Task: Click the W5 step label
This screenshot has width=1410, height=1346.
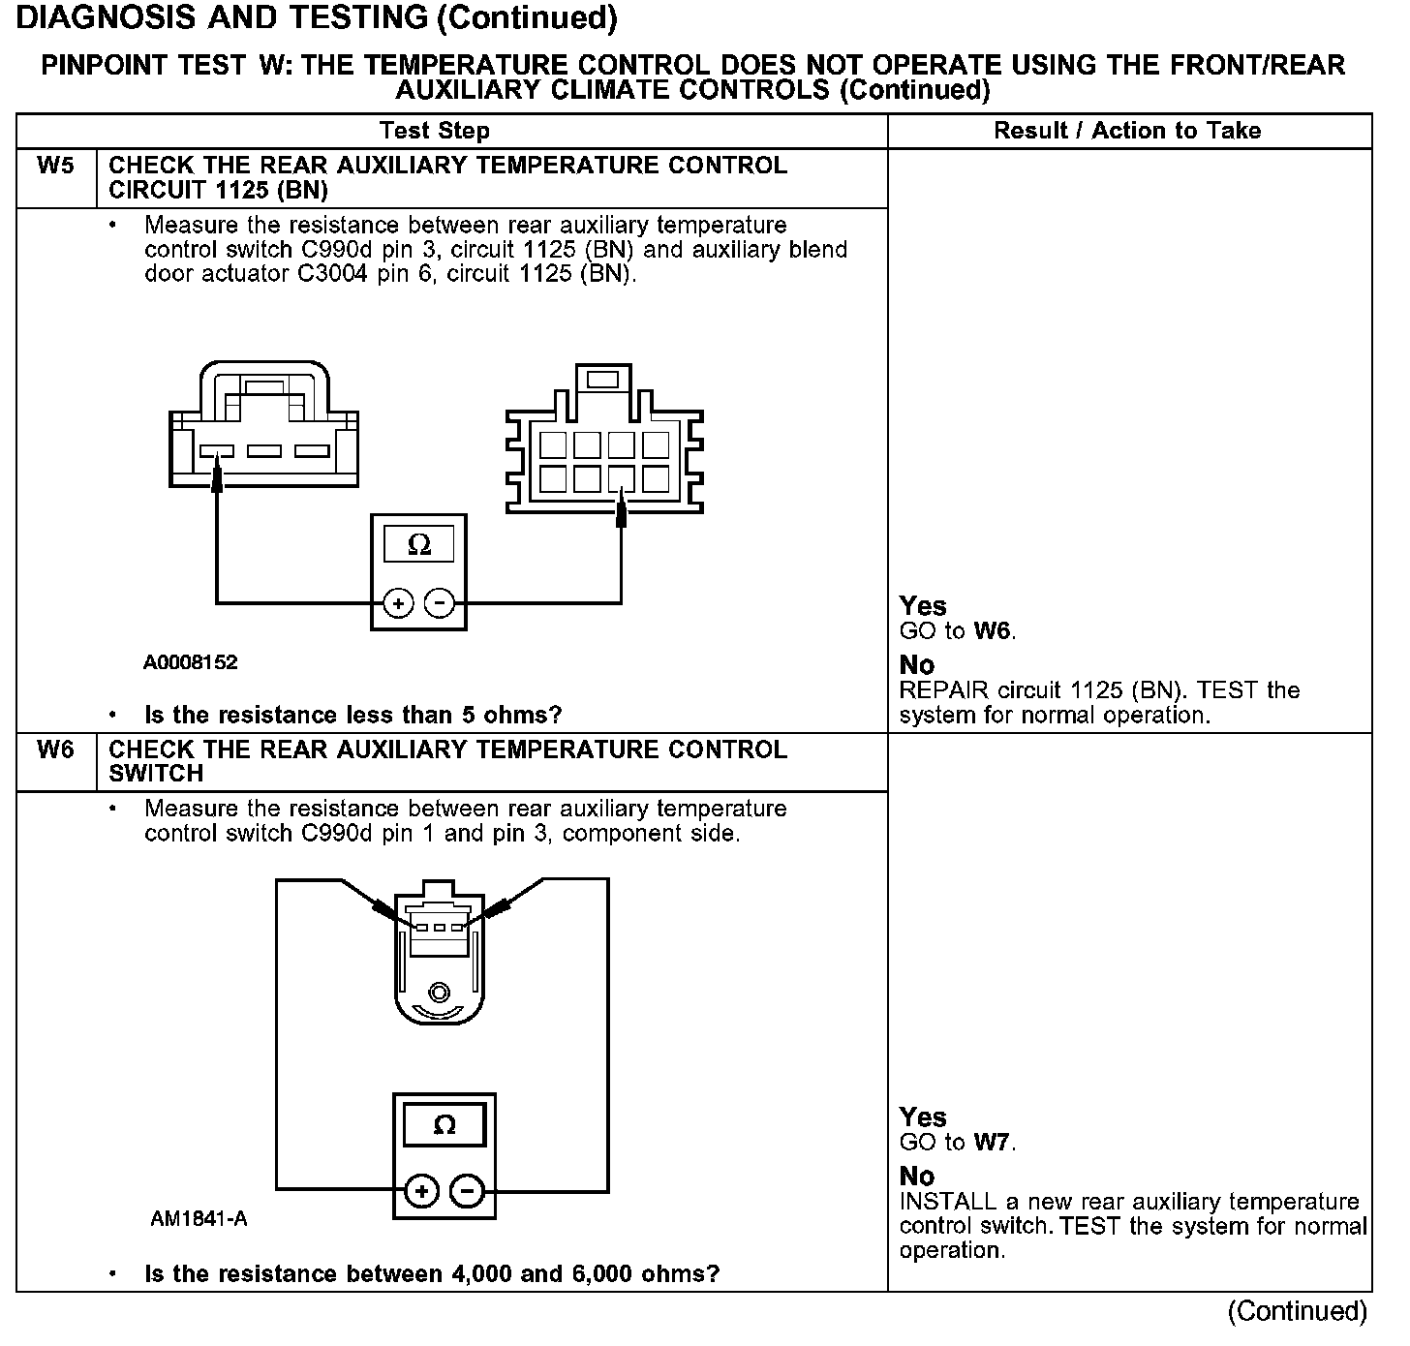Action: (55, 166)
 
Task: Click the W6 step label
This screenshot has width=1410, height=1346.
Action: (55, 750)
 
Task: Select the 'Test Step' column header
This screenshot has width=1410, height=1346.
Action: (435, 131)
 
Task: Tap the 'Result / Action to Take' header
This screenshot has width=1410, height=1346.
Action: (1127, 131)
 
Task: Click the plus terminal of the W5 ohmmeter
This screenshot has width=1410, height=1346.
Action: (398, 603)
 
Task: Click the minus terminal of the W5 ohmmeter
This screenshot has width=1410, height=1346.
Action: (440, 603)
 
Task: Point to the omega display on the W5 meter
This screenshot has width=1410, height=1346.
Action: (419, 545)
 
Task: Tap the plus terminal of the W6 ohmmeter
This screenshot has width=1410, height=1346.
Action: (422, 1191)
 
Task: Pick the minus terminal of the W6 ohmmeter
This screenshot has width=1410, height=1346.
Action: (468, 1191)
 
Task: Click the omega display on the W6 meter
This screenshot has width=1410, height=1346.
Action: (444, 1125)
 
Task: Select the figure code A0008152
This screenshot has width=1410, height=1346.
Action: (191, 663)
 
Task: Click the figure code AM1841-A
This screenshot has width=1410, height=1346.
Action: (199, 1219)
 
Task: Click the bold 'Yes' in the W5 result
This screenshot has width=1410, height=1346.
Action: (923, 606)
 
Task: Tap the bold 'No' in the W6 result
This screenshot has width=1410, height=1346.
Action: (917, 1176)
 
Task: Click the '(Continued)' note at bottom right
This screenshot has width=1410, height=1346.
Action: (1298, 1311)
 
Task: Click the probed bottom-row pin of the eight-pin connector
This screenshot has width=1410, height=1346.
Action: (622, 479)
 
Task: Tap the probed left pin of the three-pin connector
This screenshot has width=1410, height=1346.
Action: (217, 452)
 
